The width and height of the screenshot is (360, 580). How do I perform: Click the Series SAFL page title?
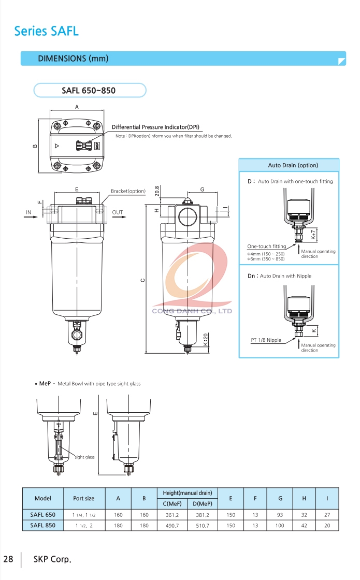tap(46, 31)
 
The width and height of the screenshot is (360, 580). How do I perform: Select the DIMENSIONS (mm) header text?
tap(73, 59)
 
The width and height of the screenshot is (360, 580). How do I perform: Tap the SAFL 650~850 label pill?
tap(90, 90)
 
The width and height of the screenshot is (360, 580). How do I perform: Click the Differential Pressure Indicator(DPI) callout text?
tap(155, 127)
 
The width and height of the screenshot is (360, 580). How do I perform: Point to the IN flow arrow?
tap(31, 216)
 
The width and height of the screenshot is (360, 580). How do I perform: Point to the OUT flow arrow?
tap(119, 216)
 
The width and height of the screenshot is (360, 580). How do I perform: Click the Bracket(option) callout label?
tap(128, 191)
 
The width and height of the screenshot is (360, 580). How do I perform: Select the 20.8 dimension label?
tap(157, 191)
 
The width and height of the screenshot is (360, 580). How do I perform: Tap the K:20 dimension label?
tap(206, 340)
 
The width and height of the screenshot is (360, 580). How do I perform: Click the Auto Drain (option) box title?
tap(293, 165)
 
